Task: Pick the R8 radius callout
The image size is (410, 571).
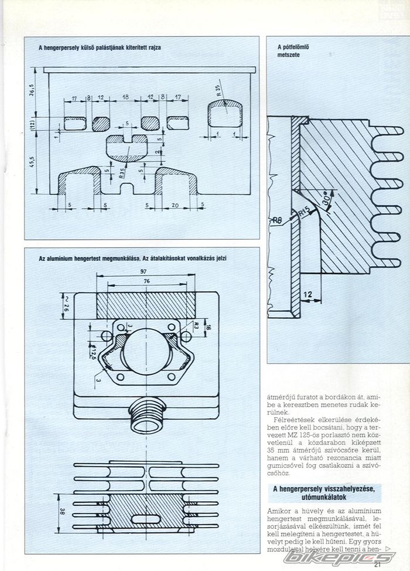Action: (x=278, y=221)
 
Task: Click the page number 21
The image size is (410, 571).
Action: (x=375, y=565)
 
